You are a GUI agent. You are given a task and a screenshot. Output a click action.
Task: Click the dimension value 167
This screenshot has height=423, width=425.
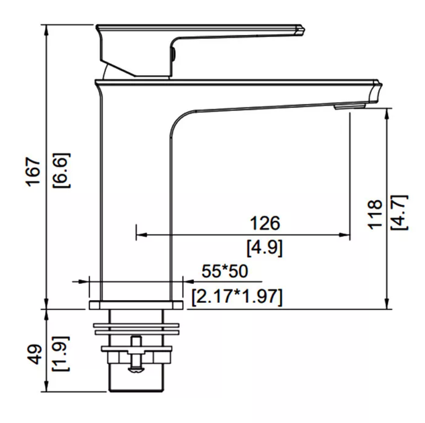[x=34, y=171]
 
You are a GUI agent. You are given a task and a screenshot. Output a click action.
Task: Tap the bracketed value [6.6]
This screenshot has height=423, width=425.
[x=61, y=171]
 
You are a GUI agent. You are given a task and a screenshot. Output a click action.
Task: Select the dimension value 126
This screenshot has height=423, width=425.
[x=265, y=224]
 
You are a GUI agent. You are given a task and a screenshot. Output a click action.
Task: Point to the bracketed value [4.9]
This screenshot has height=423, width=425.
[x=265, y=247]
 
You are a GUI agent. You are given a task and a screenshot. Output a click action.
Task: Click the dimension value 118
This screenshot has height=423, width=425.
[x=375, y=214]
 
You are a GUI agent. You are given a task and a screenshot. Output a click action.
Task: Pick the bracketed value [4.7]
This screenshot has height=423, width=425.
[x=399, y=213]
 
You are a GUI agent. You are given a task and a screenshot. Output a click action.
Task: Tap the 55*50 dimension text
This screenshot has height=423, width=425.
[x=225, y=271]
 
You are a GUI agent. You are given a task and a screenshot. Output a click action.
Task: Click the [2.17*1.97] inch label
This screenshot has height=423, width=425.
[x=237, y=297]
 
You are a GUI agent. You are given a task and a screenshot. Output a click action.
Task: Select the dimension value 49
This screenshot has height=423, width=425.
[x=35, y=354]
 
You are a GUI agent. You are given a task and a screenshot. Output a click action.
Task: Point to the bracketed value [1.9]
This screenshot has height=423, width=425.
[x=60, y=354]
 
